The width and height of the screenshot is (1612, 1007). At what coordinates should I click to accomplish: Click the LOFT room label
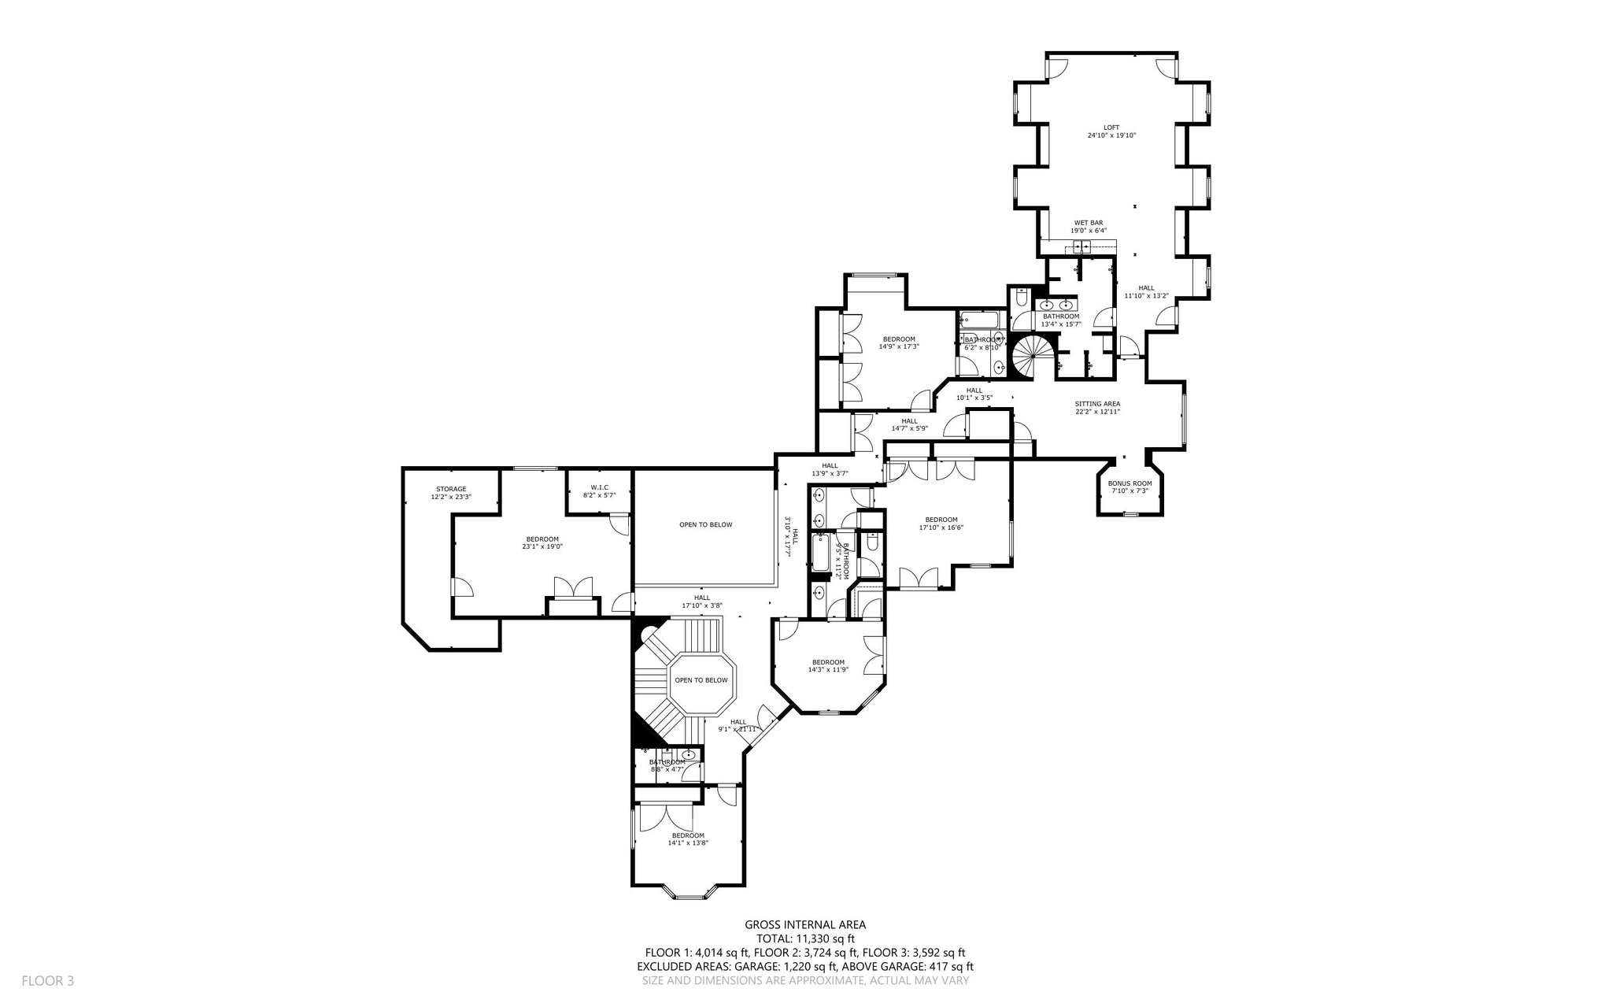tap(1111, 131)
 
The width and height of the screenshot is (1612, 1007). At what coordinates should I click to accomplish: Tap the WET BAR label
tap(1089, 227)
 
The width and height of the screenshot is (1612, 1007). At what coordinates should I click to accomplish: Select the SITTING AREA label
tap(1097, 408)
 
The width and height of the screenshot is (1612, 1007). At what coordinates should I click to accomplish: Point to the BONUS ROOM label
tap(1130, 487)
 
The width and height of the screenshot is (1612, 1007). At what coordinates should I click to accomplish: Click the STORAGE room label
tap(451, 493)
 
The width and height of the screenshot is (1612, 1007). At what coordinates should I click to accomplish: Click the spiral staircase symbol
tap(1028, 356)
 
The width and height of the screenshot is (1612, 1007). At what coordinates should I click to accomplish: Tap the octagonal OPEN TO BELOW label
tap(701, 680)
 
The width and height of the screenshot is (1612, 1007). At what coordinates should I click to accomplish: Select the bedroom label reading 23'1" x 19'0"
tap(542, 542)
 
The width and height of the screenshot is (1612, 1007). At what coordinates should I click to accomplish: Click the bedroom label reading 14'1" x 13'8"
tap(688, 839)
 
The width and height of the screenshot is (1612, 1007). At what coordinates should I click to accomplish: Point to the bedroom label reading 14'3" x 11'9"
tap(828, 666)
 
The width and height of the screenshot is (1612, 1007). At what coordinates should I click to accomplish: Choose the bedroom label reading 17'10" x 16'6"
tap(941, 524)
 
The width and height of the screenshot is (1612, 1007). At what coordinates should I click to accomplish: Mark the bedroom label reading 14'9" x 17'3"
tap(899, 342)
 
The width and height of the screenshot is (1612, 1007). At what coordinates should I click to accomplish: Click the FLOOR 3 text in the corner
tap(47, 981)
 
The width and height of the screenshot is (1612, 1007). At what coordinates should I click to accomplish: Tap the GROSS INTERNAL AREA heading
tap(805, 925)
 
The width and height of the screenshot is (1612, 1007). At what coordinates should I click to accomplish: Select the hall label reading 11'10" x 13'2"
tap(1146, 292)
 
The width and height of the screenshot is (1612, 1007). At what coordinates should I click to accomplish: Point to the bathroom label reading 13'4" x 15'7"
tap(1061, 320)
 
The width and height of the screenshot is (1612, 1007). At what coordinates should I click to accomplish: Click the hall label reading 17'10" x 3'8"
tap(702, 602)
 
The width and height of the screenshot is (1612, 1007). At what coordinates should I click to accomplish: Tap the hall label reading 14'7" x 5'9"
tap(910, 425)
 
